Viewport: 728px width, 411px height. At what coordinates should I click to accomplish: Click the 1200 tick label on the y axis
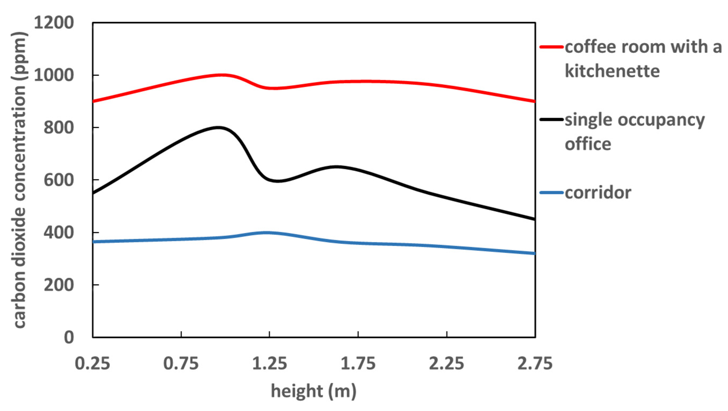tap(54, 23)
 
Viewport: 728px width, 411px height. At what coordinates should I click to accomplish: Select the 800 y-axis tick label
tap(59, 127)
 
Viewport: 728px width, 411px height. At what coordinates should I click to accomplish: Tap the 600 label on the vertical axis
tap(59, 180)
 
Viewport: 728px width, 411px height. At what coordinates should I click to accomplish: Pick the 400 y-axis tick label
tap(59, 233)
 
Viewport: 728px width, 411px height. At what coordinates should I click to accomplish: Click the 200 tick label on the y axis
tap(59, 285)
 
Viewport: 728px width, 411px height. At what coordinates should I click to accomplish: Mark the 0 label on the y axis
tap(69, 337)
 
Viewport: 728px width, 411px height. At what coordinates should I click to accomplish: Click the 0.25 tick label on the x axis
tap(92, 363)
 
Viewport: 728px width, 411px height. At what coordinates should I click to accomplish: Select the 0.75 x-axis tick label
tap(181, 363)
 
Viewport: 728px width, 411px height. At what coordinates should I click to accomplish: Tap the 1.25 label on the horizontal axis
tap(270, 363)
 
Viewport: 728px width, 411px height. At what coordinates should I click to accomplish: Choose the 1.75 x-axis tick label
tap(358, 363)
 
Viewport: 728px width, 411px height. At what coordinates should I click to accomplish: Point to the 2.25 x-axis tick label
tap(446, 363)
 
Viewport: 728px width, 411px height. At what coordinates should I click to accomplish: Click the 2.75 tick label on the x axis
tap(535, 363)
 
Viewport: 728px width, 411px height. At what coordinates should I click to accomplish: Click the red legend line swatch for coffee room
tap(551, 47)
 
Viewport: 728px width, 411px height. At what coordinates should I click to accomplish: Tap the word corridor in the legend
tap(598, 193)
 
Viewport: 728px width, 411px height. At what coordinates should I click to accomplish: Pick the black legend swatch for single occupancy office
tap(551, 120)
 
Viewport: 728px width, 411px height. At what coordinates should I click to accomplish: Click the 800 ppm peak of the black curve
tap(219, 127)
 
